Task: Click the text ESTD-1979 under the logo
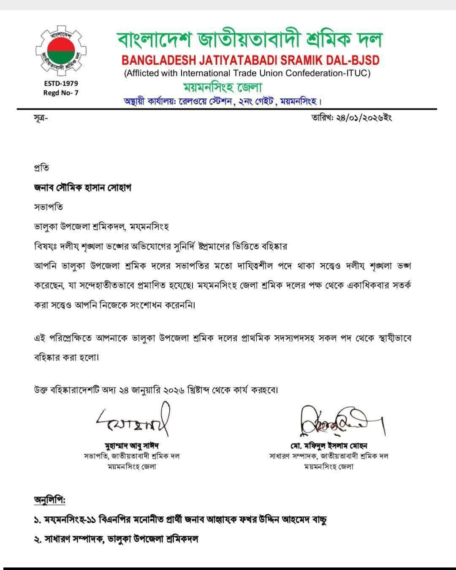tap(61, 84)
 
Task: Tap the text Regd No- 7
tap(61, 93)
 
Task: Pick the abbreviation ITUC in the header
tap(356, 73)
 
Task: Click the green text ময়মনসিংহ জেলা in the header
tap(222, 87)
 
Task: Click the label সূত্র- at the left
tap(41, 118)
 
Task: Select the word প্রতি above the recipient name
tap(41, 168)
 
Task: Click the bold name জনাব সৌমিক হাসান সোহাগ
tap(82, 188)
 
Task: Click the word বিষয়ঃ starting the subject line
tap(47, 246)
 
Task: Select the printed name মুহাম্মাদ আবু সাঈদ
tap(132, 446)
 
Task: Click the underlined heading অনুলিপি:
tap(50, 500)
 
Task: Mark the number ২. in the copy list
tap(38, 539)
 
